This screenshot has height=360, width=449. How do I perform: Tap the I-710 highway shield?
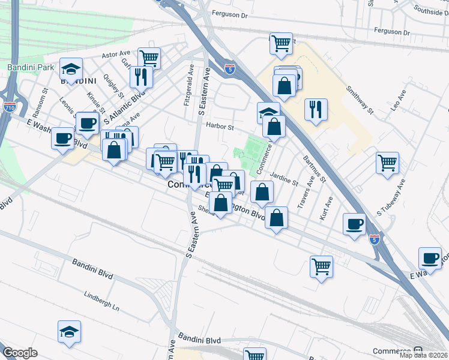pyautogui.click(x=10, y=107)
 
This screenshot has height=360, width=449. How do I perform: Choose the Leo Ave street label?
pyautogui.click(x=398, y=100)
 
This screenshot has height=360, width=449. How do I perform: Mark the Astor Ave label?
pyautogui.click(x=116, y=54)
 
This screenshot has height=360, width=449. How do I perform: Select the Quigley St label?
pyautogui.click(x=113, y=86)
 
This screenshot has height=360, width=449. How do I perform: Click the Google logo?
pyautogui.click(x=20, y=353)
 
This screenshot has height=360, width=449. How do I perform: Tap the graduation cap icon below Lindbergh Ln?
pyautogui.click(x=70, y=332)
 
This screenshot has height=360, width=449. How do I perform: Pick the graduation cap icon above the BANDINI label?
pyautogui.click(x=71, y=68)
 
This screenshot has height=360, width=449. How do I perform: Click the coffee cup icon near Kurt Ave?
pyautogui.click(x=354, y=224)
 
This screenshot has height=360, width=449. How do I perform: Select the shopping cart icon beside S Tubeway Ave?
pyautogui.click(x=388, y=162)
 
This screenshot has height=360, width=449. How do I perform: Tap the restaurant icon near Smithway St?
pyautogui.click(x=316, y=109)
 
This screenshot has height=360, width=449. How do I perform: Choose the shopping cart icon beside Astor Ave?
pyautogui.click(x=149, y=58)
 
